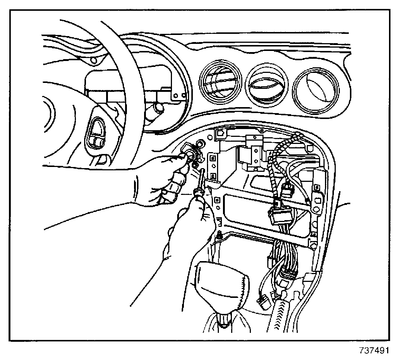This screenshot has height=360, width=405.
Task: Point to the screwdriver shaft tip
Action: [203, 170]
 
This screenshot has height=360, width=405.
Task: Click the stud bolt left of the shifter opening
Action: [219, 235]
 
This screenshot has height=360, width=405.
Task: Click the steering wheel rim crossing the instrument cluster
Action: [123, 74]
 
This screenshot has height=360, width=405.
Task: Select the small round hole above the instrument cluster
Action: [94, 60]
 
